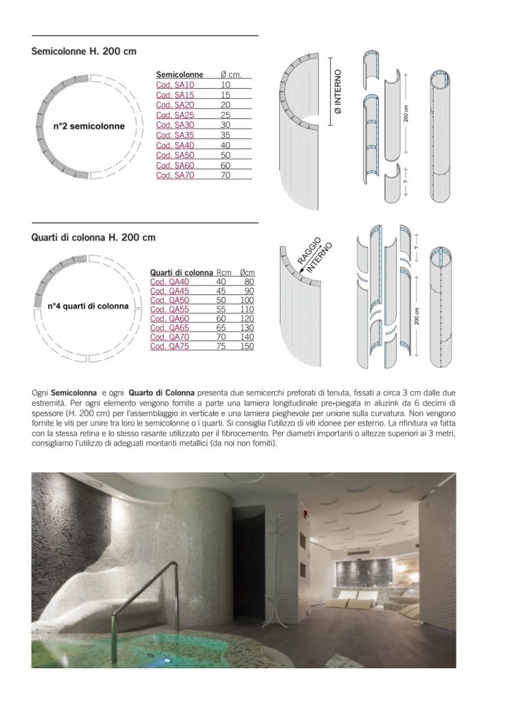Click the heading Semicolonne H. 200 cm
click(x=84, y=52)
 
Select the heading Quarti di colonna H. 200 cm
click(x=93, y=238)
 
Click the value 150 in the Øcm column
click(x=247, y=346)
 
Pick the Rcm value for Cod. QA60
click(x=221, y=318)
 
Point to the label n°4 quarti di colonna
click(x=88, y=306)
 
